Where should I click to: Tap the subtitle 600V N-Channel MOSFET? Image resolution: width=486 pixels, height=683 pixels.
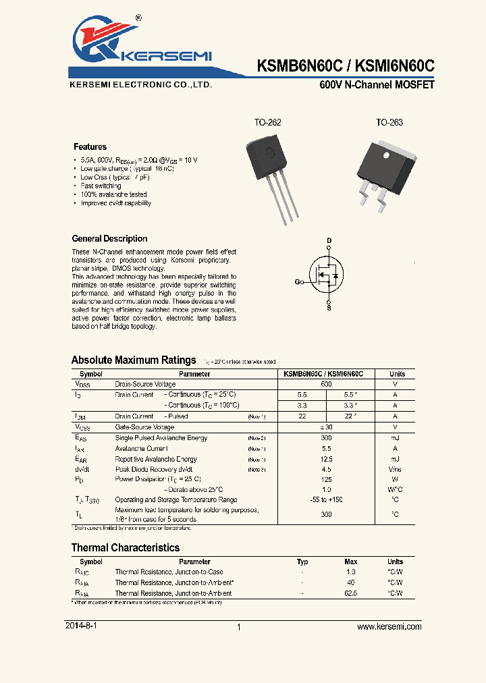point(377,86)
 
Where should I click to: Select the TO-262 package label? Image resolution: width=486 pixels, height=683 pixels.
point(267,123)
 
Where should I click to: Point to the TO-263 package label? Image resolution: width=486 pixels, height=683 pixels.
point(389,123)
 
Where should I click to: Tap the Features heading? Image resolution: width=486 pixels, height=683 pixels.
point(90,146)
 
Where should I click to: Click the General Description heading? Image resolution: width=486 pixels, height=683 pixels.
point(109,238)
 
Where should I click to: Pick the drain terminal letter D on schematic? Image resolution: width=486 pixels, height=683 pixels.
point(329,241)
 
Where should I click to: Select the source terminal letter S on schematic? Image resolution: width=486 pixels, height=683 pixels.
point(329,308)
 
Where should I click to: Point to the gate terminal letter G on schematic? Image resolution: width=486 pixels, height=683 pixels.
point(298,282)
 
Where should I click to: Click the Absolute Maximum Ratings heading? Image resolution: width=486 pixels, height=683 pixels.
point(134,360)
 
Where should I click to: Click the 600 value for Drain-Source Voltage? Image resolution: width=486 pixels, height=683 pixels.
point(326,383)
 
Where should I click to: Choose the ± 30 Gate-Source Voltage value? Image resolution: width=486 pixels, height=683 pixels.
point(326,427)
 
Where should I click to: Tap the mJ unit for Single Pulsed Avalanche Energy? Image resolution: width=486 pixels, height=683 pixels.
point(395,438)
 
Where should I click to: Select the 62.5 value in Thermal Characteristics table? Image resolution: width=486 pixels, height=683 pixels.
point(350,593)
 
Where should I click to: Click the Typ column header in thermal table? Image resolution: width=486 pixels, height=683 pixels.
point(302,562)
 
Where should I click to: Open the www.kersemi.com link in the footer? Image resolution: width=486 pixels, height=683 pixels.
point(389,626)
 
